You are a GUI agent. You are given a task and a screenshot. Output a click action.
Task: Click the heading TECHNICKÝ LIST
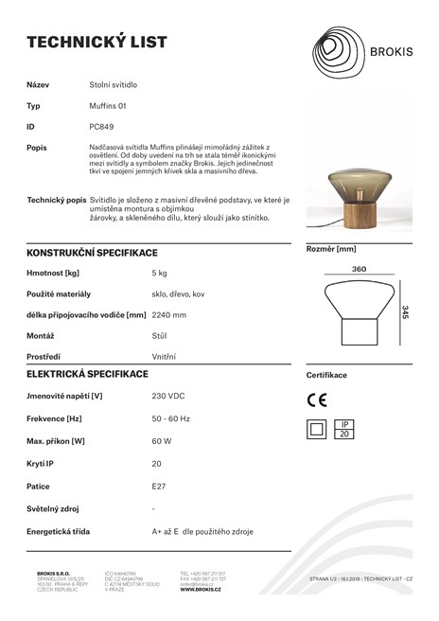point(97,42)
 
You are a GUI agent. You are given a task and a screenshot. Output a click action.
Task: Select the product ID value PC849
point(101,125)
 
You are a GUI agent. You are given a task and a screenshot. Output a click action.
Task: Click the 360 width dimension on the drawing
point(359,270)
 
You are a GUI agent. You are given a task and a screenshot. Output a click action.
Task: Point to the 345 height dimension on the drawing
point(405,312)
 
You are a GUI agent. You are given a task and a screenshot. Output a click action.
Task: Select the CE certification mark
point(317,399)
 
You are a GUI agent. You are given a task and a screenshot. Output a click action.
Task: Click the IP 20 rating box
point(345,428)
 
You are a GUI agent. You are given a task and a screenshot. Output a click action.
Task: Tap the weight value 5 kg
point(159,273)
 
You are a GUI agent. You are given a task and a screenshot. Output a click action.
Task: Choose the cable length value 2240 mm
point(168,314)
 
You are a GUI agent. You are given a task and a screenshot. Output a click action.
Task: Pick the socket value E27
point(158,486)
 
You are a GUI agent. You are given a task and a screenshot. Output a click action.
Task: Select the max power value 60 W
point(160,440)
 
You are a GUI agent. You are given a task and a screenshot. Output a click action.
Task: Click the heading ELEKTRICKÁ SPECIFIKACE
point(87,374)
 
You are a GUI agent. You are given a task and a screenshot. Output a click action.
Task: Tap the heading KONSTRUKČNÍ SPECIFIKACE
point(92,253)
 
